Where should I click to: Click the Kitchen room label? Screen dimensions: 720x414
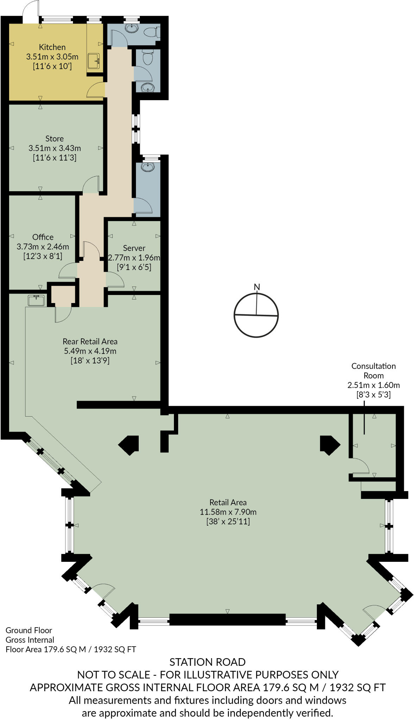click(52, 47)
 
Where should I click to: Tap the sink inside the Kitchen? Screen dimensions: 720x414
click(94, 61)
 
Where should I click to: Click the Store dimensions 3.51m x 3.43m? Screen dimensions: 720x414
click(55, 148)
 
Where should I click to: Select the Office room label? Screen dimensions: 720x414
click(43, 237)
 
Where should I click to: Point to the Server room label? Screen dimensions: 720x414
click(134, 248)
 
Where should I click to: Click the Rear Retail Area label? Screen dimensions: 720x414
click(90, 341)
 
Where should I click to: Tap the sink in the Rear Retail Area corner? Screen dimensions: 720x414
click(36, 300)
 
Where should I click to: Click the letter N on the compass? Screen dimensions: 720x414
click(257, 287)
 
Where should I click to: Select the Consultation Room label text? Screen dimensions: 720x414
click(374, 371)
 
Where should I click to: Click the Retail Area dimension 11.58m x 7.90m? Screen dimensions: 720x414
click(228, 512)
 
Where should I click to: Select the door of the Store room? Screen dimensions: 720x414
click(91, 185)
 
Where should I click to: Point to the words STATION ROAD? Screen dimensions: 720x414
click(207, 662)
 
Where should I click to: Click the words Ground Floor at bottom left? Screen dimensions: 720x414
click(29, 630)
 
